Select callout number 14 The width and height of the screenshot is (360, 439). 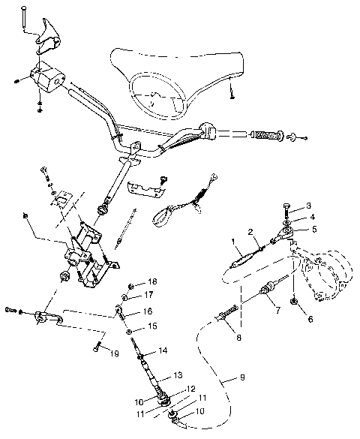pos(161,350)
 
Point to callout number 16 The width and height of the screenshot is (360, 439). pos(148,310)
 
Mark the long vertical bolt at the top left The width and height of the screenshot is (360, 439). pos(24,19)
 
